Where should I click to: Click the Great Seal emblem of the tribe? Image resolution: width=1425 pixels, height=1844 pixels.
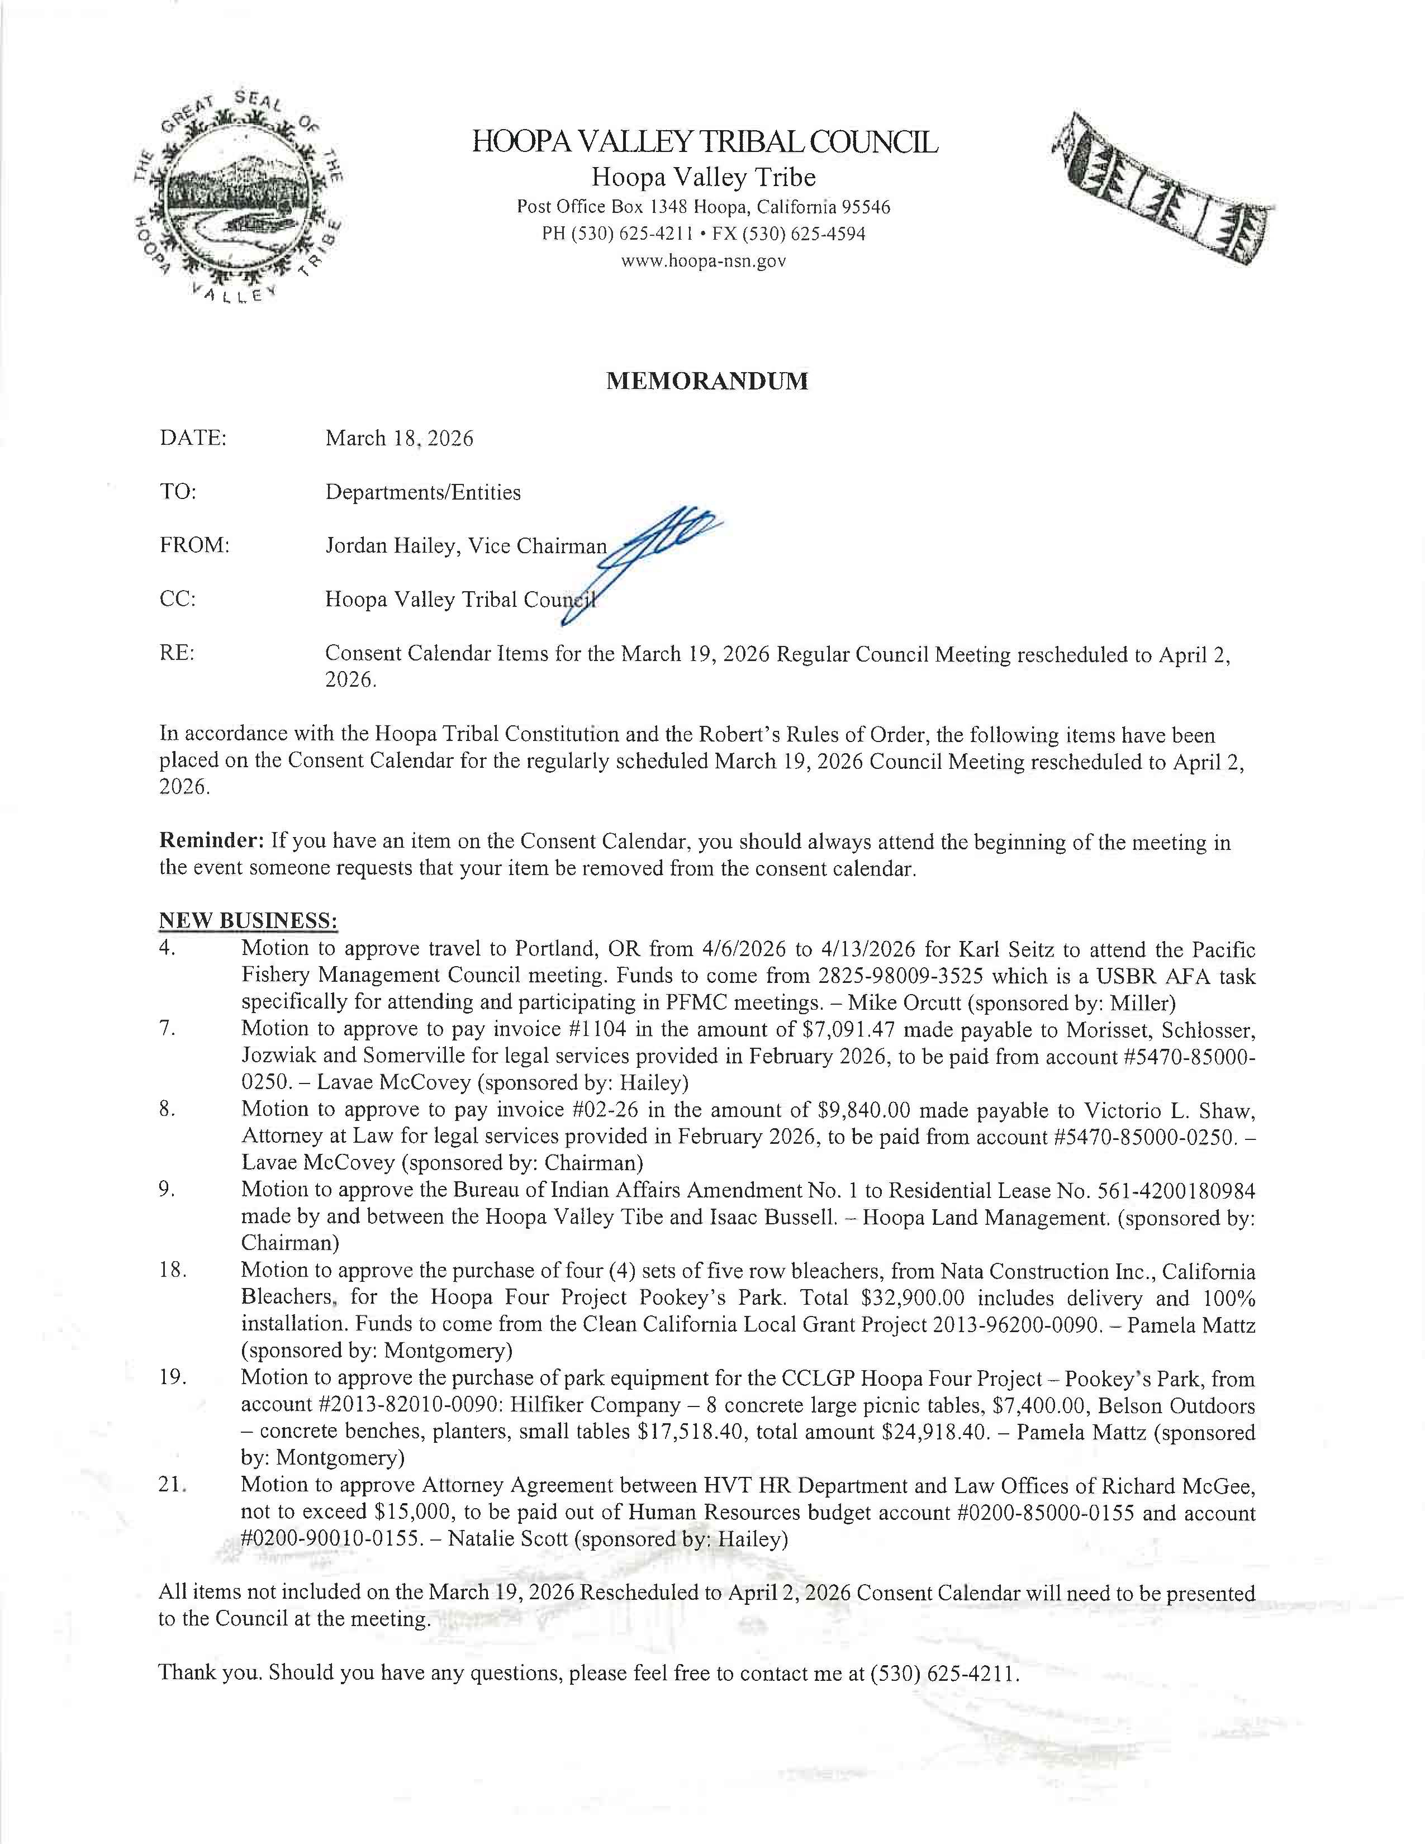point(239,198)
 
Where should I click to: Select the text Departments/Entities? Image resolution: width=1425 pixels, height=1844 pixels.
point(423,492)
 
